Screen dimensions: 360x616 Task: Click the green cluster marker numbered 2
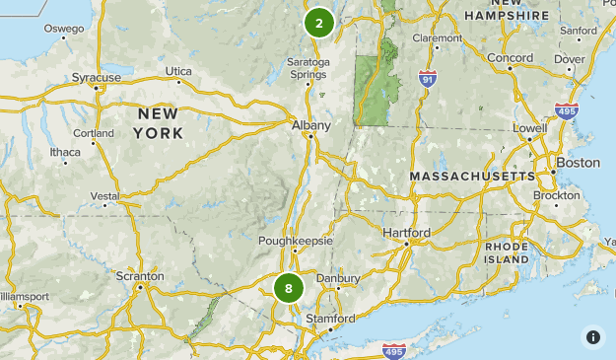[x=319, y=23]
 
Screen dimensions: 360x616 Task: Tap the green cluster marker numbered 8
[x=289, y=288]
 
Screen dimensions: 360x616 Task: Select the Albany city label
[x=310, y=125]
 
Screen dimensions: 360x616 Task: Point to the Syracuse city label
[x=97, y=77]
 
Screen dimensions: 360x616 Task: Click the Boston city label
[x=578, y=162]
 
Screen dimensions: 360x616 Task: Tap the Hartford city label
[x=406, y=233]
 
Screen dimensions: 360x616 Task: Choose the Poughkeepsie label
[x=296, y=241]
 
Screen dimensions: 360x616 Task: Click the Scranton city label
[x=140, y=276]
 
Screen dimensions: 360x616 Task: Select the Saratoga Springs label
[x=308, y=68]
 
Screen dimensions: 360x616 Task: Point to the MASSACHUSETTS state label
[x=472, y=176]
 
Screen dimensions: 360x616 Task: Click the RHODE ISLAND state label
[x=507, y=252]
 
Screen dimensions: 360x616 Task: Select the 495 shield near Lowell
[x=566, y=113]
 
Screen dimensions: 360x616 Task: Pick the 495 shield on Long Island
[x=392, y=349]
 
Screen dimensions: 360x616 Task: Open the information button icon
[x=592, y=336]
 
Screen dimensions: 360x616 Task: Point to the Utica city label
[x=178, y=71]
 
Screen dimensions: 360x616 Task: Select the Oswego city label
[x=64, y=29]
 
